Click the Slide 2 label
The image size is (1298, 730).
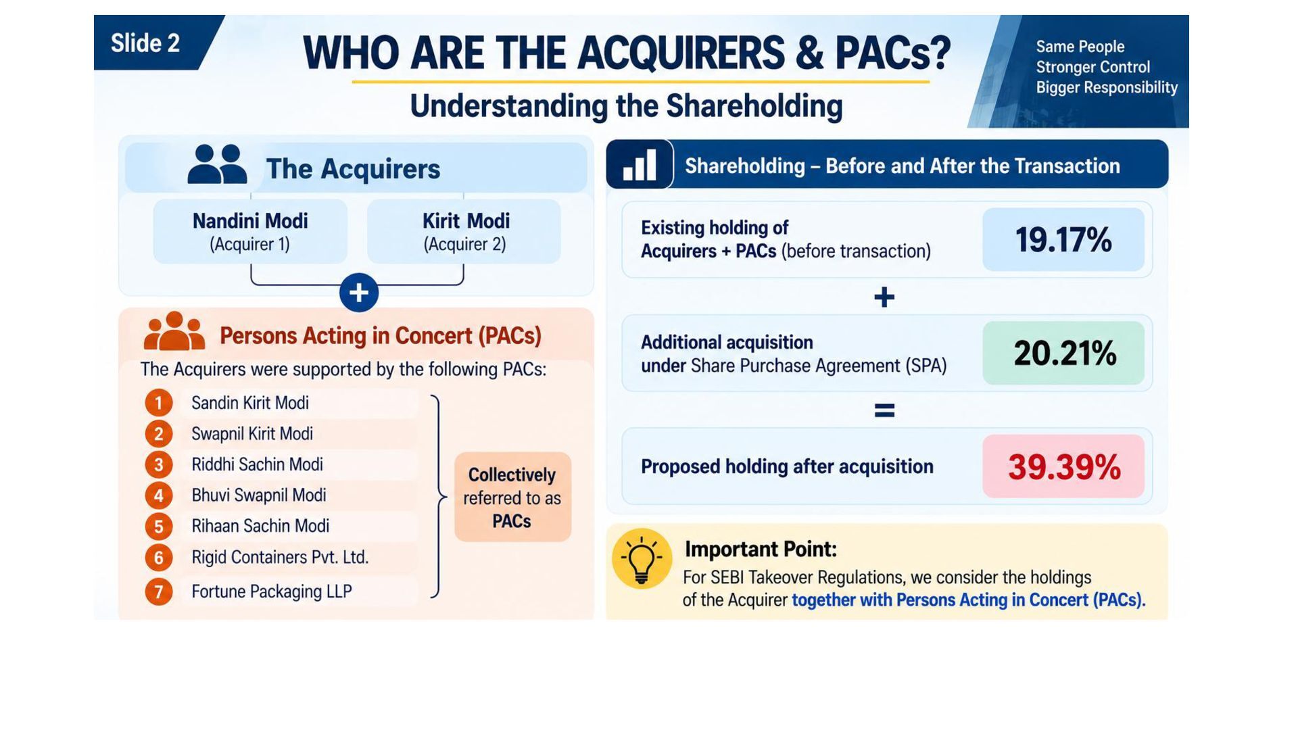click(145, 43)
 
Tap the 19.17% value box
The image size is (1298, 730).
click(1063, 239)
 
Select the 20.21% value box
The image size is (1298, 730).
click(1063, 353)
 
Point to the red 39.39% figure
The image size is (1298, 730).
click(1064, 467)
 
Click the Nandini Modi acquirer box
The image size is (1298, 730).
click(250, 231)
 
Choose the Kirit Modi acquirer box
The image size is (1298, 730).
click(464, 231)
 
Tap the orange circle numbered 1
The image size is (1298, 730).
click(159, 403)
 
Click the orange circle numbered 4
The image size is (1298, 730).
click(159, 495)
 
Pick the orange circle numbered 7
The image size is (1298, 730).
click(159, 591)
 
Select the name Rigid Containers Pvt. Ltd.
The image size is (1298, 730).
click(280, 557)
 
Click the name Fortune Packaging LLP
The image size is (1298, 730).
click(272, 591)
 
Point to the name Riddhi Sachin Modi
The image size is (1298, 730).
click(257, 464)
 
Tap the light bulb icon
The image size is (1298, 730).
click(642, 558)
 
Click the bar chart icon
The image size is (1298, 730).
click(640, 164)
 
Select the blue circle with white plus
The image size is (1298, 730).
click(359, 293)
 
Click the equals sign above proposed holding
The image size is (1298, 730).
click(884, 410)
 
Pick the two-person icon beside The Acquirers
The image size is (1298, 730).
click(217, 164)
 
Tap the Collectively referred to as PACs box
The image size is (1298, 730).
click(512, 497)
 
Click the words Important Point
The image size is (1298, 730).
click(761, 549)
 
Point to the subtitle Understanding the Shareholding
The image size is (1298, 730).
click(626, 106)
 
